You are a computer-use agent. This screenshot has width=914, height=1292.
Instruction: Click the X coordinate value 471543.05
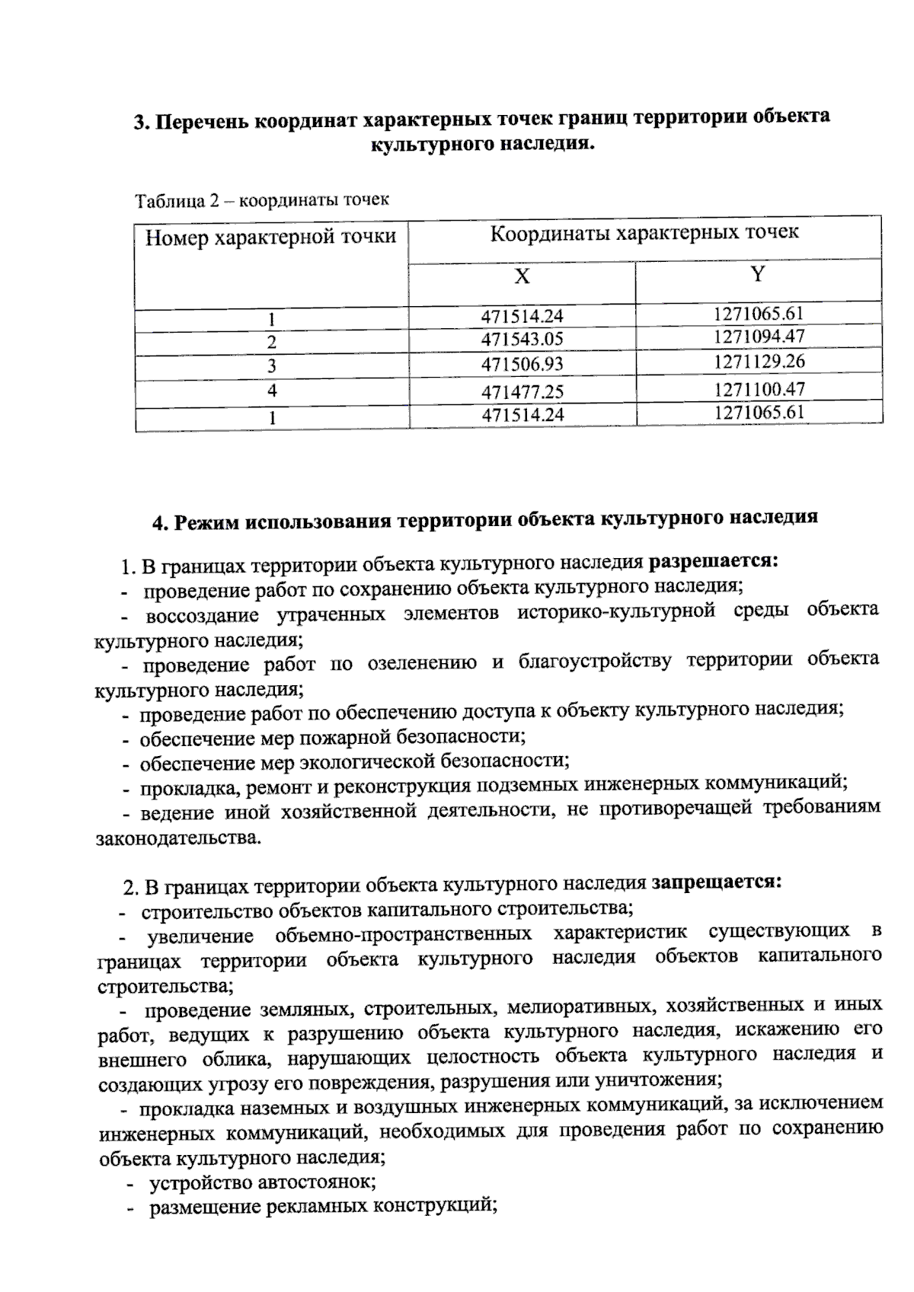[522, 340]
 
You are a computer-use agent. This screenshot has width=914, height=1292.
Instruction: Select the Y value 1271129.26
[759, 362]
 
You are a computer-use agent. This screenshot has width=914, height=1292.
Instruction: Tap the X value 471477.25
[522, 391]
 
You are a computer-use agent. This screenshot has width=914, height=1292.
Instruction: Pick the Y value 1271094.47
[759, 337]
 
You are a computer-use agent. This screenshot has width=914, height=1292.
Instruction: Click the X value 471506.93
[522, 365]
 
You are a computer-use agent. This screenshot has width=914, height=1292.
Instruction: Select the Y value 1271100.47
[759, 390]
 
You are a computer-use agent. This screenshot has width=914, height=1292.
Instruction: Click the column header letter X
[522, 276]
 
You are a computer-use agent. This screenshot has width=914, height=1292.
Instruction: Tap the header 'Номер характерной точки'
[271, 238]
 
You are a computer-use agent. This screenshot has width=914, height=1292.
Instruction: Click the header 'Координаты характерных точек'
[644, 233]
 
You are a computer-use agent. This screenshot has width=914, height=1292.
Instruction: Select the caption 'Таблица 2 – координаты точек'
[262, 200]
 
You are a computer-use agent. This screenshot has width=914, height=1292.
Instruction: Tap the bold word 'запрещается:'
[716, 882]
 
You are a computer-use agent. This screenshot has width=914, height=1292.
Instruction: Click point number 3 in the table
[272, 366]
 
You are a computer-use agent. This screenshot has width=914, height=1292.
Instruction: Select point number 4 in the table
[272, 391]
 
